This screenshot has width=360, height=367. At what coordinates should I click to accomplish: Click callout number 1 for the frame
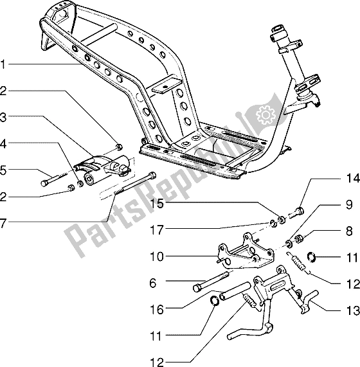pos(5,64)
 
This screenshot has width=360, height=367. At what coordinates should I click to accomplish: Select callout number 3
pos(5,118)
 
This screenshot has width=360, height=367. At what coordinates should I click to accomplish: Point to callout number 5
pos(5,171)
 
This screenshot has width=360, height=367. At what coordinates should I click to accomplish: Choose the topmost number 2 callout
pos(5,91)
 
